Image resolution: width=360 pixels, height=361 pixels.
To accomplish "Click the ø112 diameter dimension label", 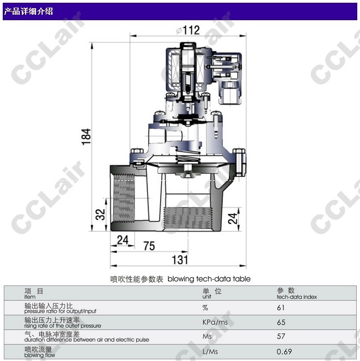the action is point(188,30).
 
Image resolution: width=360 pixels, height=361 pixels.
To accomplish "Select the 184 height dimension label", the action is point(86,137).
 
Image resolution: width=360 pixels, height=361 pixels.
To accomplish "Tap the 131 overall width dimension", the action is point(180,260).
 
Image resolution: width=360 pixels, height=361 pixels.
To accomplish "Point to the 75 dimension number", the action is point(149,246).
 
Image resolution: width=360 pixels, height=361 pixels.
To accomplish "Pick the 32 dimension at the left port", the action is point(100,214).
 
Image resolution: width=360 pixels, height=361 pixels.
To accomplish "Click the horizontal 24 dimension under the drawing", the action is point(122,240).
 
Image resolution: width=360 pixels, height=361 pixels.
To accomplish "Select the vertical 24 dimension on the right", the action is point(233,218).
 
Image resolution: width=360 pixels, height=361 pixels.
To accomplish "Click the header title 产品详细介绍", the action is point(28,11).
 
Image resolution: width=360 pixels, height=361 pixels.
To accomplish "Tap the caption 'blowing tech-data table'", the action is point(209,279).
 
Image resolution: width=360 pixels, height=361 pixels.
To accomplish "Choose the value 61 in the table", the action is point(281,307).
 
